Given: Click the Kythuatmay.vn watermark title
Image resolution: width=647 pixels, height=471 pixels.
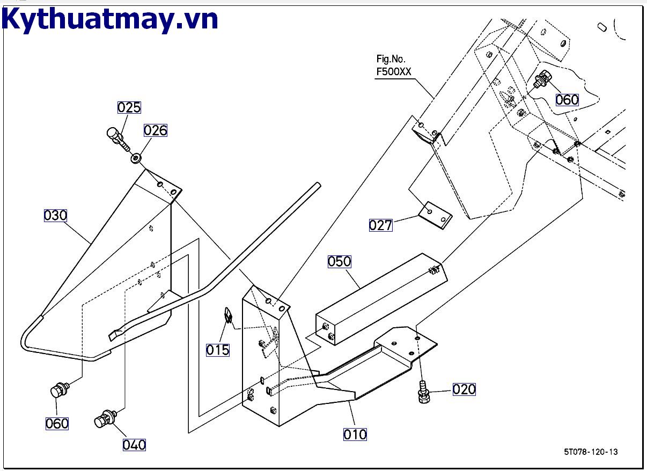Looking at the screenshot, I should [111, 19].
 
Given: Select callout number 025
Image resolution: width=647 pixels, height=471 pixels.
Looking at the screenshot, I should [129, 107].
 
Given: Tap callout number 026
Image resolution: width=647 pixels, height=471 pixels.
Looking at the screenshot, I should [155, 130].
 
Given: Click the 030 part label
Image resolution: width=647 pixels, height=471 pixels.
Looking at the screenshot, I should [55, 216].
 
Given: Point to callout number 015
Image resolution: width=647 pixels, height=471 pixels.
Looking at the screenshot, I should [218, 350].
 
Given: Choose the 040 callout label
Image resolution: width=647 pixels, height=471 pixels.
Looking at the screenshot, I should [134, 445].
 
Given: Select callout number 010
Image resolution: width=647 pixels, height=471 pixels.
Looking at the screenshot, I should [355, 434].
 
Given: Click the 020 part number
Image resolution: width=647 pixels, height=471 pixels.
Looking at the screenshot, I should [464, 389].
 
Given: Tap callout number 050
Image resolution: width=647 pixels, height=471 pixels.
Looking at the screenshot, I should [340, 261].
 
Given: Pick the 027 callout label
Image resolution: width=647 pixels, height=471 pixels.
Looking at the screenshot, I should [380, 225].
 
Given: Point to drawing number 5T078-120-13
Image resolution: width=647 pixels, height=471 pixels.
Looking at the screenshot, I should [591, 452].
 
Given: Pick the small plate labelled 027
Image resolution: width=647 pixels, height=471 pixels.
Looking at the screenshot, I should [435, 215].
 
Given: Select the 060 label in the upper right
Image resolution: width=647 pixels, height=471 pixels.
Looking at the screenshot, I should [567, 100].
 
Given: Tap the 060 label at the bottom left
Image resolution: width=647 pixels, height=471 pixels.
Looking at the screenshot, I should [57, 424].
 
